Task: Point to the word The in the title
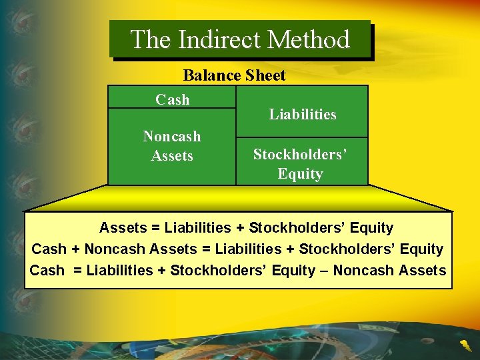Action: pos(151,39)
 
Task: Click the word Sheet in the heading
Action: pos(265,75)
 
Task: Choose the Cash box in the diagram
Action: pos(172,99)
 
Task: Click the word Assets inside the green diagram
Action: pos(172,156)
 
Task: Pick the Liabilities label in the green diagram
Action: pos(302,115)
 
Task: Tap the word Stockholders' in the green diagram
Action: pos(300,155)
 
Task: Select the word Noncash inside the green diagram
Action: pos(172,137)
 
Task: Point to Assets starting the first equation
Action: pos(123,228)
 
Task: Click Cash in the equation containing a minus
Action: pos(47,271)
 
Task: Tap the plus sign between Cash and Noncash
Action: pos(75,249)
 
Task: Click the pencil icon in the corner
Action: pos(464,345)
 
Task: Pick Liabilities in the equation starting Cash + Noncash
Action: pos(248,249)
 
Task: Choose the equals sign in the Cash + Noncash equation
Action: pos(206,249)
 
